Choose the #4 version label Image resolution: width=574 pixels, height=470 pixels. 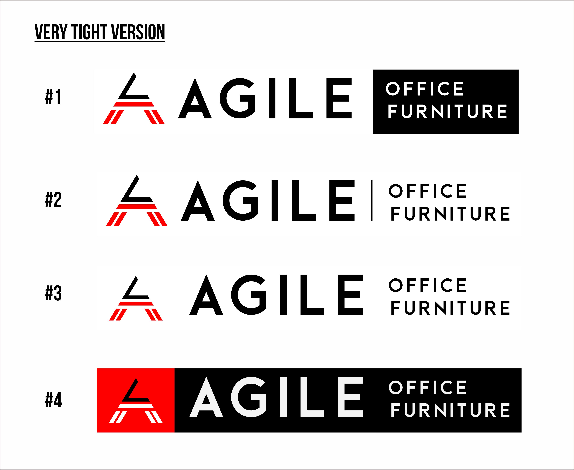tap(53, 400)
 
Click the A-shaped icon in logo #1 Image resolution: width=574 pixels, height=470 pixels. tap(134, 98)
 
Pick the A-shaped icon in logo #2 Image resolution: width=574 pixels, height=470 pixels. tap(137, 200)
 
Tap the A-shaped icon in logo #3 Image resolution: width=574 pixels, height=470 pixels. tap(136, 298)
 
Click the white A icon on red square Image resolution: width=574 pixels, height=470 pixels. tap(136, 400)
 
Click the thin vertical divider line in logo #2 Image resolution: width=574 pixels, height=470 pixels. tap(372, 200)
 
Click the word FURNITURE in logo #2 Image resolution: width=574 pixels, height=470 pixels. tap(450, 214)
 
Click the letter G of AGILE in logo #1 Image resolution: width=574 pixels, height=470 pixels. tap(238, 98)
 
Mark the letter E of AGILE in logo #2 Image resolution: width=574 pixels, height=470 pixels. tap(342, 200)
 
